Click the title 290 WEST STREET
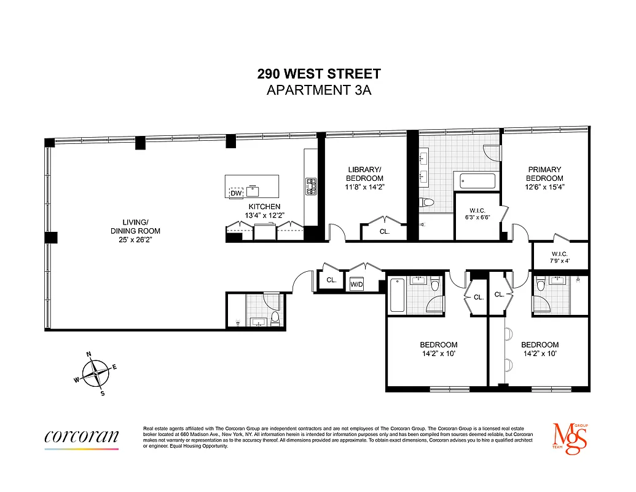click(319, 74)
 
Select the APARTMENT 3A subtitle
click(319, 90)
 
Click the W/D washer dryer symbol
click(356, 285)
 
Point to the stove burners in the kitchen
click(311, 186)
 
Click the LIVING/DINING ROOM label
click(136, 231)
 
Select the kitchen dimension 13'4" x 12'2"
click(264, 215)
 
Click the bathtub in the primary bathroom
click(478, 181)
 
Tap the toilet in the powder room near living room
click(275, 318)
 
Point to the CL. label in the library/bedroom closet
click(384, 232)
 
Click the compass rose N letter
click(89, 354)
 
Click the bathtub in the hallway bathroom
click(396, 295)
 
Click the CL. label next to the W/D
click(331, 280)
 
